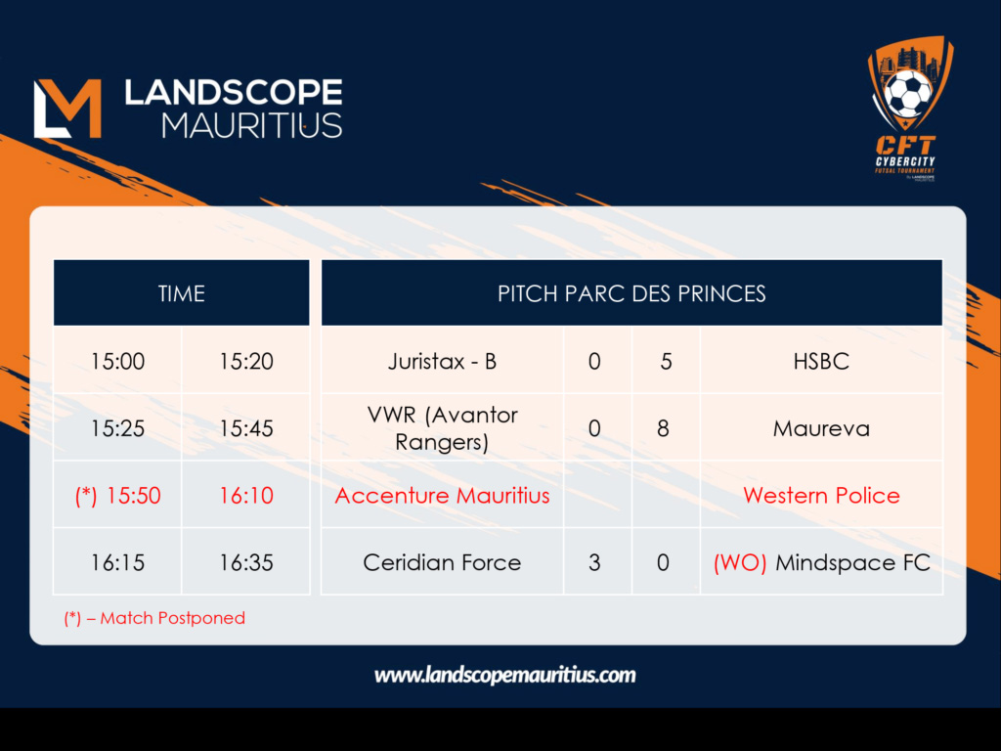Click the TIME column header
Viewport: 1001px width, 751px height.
click(x=181, y=293)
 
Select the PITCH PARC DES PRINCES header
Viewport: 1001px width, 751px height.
click(x=631, y=293)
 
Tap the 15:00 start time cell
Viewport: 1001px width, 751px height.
click(x=117, y=362)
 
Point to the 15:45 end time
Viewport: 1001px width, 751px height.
click(x=245, y=428)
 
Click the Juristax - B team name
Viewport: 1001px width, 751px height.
click(x=442, y=362)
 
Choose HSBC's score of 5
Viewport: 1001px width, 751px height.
click(x=666, y=362)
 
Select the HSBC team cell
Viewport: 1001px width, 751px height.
click(x=821, y=362)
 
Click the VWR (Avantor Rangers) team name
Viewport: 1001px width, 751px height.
click(x=442, y=428)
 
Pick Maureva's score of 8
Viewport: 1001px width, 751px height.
click(x=664, y=428)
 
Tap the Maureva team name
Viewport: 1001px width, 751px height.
click(x=821, y=428)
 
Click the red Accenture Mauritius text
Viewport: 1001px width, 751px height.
click(x=442, y=496)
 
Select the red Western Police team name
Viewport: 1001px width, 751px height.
click(x=821, y=496)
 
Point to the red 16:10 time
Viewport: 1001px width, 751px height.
click(x=245, y=496)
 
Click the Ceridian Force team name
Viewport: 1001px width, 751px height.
click(x=442, y=562)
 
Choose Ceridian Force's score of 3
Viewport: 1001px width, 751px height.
click(x=594, y=562)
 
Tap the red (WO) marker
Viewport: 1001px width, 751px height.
click(x=740, y=562)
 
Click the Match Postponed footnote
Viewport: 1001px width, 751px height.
click(x=154, y=618)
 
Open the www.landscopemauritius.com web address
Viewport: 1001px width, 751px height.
click(x=505, y=676)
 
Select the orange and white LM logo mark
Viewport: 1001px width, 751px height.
click(x=67, y=109)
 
